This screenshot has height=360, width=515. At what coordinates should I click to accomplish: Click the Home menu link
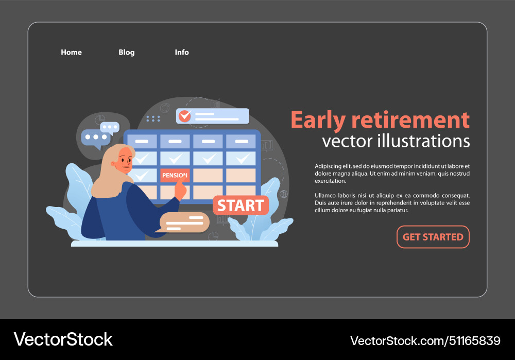71,53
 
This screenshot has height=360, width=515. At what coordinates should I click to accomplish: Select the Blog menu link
126,53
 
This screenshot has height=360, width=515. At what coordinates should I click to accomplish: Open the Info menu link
182,53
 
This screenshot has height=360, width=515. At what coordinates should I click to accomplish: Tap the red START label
241,205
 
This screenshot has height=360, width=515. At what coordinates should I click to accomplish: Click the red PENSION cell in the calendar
175,176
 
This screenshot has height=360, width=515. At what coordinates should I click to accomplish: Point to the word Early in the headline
318,120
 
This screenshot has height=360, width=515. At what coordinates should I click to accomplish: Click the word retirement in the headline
410,120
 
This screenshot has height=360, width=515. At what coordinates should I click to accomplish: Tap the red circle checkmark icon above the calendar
184,116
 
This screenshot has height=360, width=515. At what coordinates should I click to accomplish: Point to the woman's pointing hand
180,191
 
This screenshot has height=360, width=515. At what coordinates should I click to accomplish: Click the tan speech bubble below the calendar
184,222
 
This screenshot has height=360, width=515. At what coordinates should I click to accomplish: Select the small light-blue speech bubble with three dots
110,127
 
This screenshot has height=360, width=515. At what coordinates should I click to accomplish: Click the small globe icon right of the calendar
283,194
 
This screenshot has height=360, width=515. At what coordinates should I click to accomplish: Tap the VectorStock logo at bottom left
63,339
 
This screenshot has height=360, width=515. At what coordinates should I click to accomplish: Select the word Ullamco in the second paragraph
327,196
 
